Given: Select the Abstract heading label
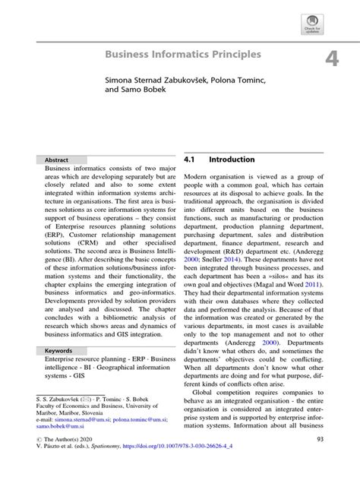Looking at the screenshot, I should click(x=57, y=161).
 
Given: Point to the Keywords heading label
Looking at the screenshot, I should click(x=59, y=351).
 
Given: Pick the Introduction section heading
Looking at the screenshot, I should click(x=232, y=161).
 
